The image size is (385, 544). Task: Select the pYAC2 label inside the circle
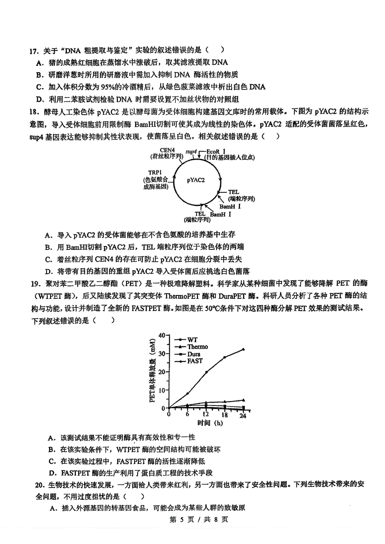click(x=196, y=180)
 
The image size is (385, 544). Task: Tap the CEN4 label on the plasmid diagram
click(x=167, y=150)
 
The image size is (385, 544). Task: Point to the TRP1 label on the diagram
click(x=155, y=172)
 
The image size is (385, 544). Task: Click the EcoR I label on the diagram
click(x=216, y=151)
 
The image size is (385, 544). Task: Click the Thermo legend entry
click(x=197, y=347)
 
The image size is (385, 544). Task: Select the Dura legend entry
click(x=194, y=354)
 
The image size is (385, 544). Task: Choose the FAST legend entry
click(x=195, y=361)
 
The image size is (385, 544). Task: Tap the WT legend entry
click(x=193, y=340)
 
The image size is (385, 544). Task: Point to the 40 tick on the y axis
click(x=161, y=335)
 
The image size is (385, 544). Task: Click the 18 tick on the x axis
click(x=225, y=415)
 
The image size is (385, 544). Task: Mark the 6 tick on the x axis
click(x=187, y=414)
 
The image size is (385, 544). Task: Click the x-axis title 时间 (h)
click(x=210, y=423)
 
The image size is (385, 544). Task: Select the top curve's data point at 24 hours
click(x=243, y=349)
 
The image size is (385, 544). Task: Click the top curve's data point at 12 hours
click(x=206, y=372)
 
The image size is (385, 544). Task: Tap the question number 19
click(x=35, y=284)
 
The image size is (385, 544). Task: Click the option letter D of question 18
click(x=49, y=272)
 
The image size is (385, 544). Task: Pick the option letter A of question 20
click(x=53, y=508)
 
